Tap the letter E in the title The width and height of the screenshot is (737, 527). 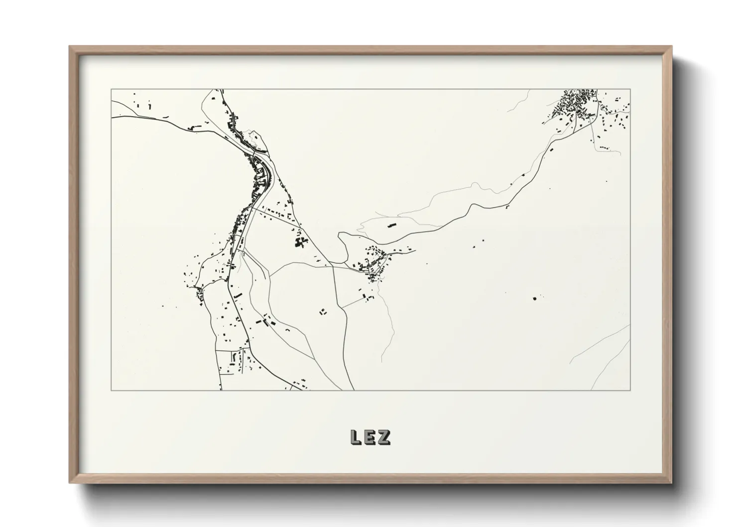pyautogui.click(x=370, y=437)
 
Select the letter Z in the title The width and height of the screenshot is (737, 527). pyautogui.click(x=384, y=437)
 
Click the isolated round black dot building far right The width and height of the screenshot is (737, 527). pyautogui.click(x=535, y=298)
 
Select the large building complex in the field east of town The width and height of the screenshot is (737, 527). pyautogui.click(x=300, y=242)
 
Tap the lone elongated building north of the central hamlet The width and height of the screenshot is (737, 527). pyautogui.click(x=391, y=225)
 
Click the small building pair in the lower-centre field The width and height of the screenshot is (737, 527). pyautogui.click(x=323, y=312)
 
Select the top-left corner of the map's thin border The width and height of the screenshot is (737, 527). pyautogui.click(x=111, y=90)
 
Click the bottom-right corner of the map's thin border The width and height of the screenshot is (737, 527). pyautogui.click(x=630, y=391)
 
